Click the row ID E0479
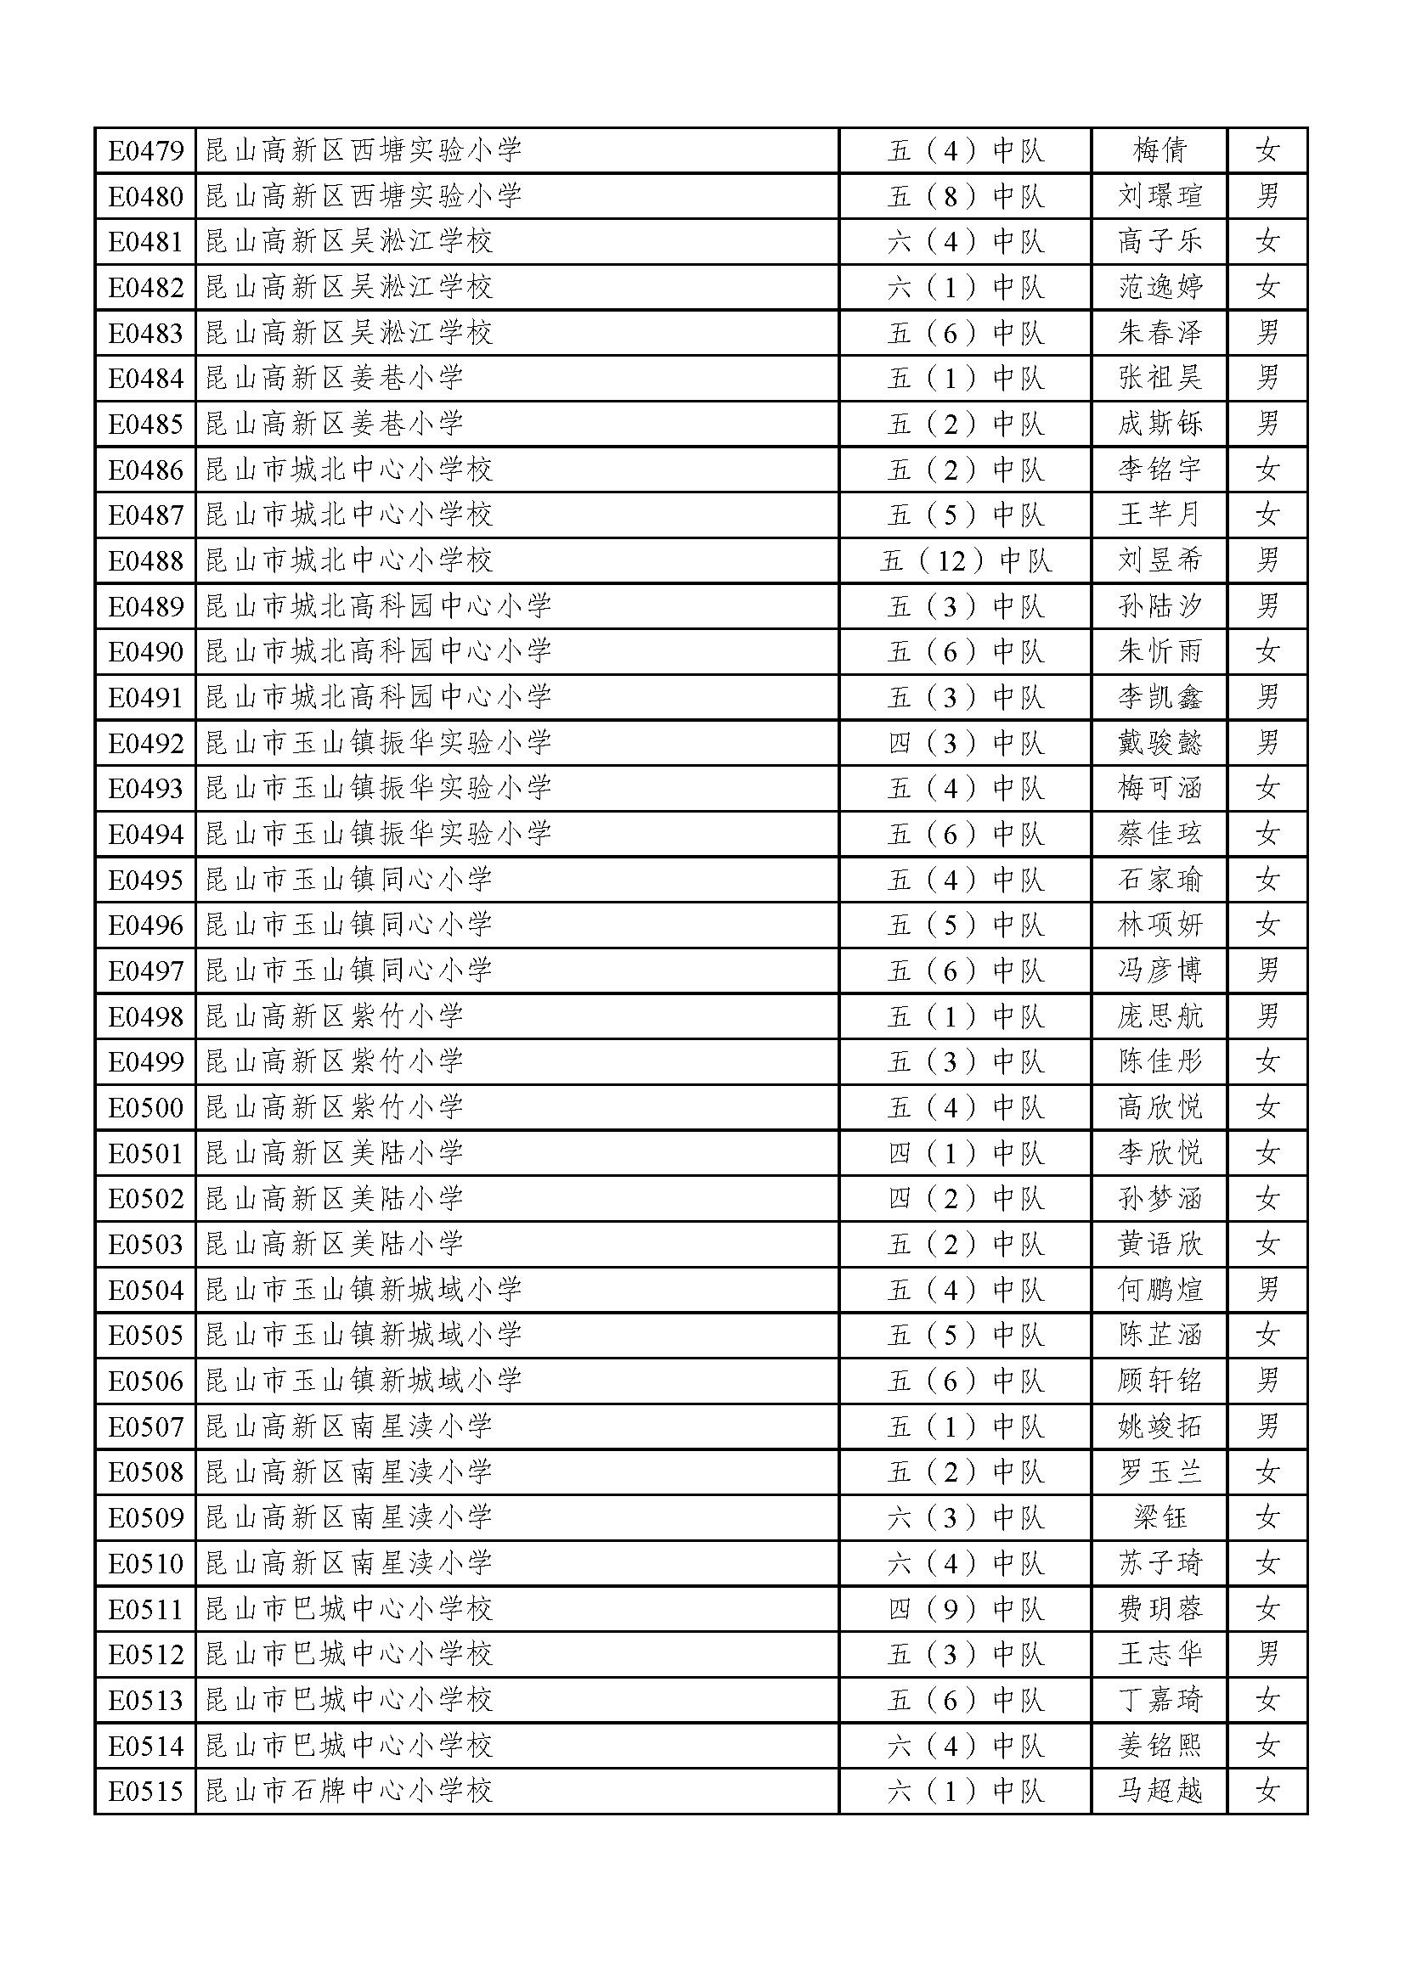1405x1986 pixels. pos(145,150)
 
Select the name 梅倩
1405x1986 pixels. pos(1160,150)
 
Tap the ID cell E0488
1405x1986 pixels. pos(145,561)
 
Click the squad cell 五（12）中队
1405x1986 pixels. pos(966,561)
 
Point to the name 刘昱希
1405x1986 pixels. pos(1160,561)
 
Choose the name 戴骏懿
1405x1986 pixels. pos(1160,743)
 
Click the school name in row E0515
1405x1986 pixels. pos(348,1791)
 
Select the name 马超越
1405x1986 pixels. pos(1160,1791)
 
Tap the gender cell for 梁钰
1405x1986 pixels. pos(1267,1517)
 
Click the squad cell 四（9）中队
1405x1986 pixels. pos(966,1609)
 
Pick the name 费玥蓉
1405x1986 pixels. pos(1160,1609)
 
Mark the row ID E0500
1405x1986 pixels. pos(145,1107)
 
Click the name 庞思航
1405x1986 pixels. pos(1160,1016)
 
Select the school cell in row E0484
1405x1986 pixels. pos(334,378)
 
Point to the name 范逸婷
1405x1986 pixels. pos(1160,287)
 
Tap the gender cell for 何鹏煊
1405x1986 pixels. pos(1267,1290)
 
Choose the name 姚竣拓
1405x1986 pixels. pos(1160,1426)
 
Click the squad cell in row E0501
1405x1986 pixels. pos(966,1153)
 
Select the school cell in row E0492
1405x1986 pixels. pos(378,743)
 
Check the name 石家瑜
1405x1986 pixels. pos(1160,880)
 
